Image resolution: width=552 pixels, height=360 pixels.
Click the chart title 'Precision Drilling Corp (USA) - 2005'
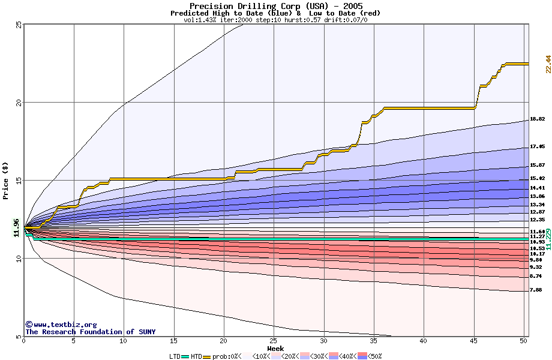[x=276, y=6]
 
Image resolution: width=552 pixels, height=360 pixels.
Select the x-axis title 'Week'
[x=275, y=349]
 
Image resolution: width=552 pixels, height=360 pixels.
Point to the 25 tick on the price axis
[x=19, y=25]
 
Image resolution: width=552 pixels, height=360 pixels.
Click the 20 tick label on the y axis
[x=19, y=103]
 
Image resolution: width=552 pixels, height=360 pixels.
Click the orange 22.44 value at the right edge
[x=548, y=64]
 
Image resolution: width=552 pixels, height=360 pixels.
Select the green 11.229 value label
[x=548, y=239]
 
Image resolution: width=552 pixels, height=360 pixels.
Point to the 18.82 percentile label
[x=537, y=119]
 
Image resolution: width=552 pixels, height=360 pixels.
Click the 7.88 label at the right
[x=536, y=290]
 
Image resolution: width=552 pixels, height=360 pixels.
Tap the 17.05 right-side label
[x=537, y=147]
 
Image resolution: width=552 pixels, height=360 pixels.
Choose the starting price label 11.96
[x=16, y=228]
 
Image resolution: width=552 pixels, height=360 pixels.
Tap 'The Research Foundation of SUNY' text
[x=90, y=332]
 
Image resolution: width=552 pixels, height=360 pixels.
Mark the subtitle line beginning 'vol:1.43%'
[x=275, y=20]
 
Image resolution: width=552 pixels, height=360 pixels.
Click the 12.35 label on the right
[x=537, y=220]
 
